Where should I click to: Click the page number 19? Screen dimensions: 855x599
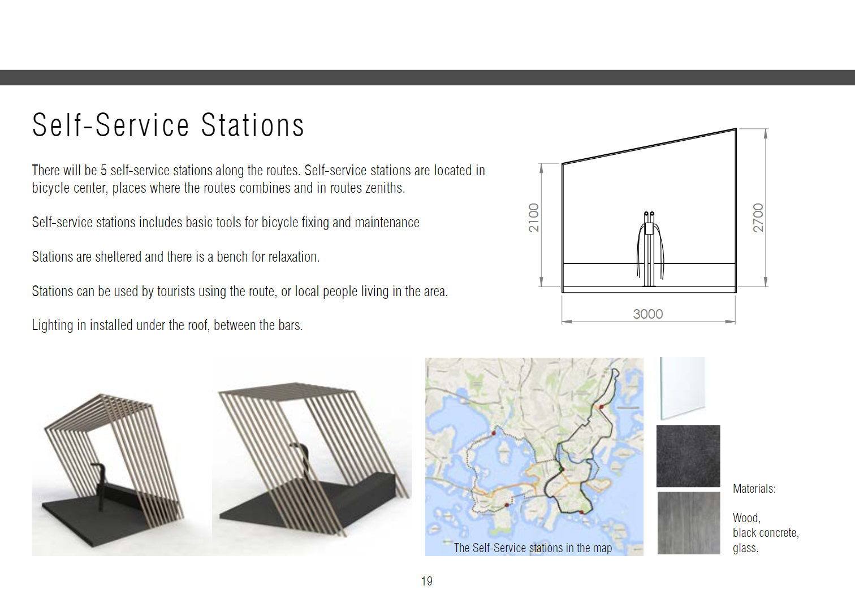(x=427, y=581)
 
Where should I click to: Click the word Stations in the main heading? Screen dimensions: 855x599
(x=252, y=125)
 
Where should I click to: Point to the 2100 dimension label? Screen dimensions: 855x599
(x=534, y=218)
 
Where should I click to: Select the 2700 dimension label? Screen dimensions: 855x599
(x=758, y=218)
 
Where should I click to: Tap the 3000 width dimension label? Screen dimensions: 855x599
(x=647, y=314)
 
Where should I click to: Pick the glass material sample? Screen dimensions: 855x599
(x=683, y=388)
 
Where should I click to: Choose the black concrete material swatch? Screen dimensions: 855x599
(x=688, y=456)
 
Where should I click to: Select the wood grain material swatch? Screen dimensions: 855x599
(x=689, y=523)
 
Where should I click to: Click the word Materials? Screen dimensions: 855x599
(x=754, y=489)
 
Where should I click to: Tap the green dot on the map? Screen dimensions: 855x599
(x=561, y=469)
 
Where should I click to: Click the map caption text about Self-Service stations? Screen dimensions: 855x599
(x=533, y=548)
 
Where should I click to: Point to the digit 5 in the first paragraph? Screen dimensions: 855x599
(x=103, y=171)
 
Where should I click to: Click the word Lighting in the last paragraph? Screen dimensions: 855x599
(x=52, y=325)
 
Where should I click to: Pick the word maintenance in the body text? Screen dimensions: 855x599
(x=387, y=223)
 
